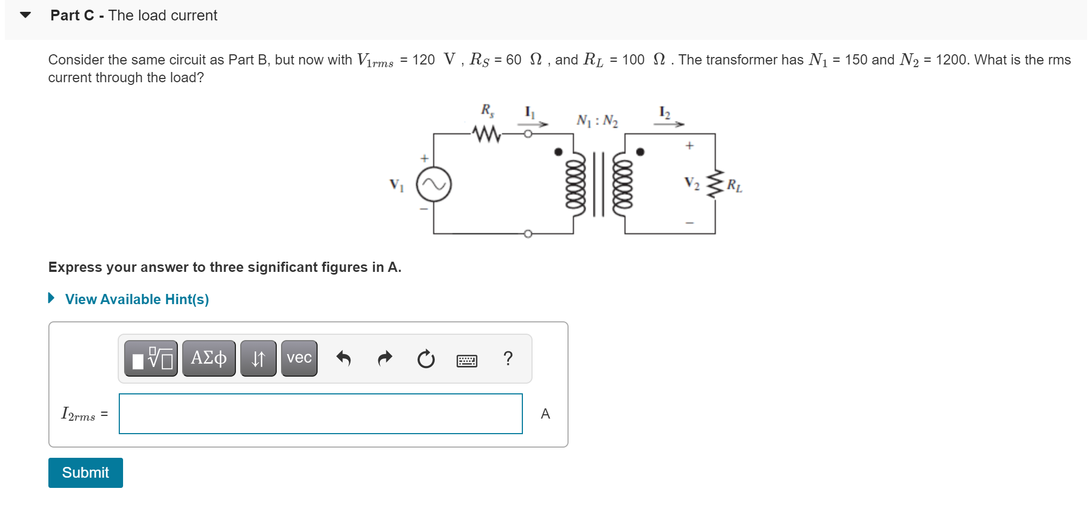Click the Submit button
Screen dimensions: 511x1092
pyautogui.click(x=85, y=472)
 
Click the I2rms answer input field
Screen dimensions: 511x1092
pyautogui.click(x=320, y=413)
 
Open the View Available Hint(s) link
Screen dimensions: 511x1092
pyautogui.click(x=136, y=299)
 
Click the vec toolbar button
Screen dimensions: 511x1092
pyautogui.click(x=299, y=358)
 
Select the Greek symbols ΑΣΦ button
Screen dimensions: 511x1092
pyautogui.click(x=209, y=358)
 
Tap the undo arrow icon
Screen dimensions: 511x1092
pyautogui.click(x=343, y=358)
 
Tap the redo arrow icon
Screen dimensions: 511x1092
pyautogui.click(x=385, y=358)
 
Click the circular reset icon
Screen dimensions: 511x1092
pyautogui.click(x=426, y=358)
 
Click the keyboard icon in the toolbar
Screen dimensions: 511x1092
pyautogui.click(x=466, y=360)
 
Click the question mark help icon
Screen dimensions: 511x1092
pyautogui.click(x=508, y=358)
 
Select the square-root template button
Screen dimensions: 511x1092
pyautogui.click(x=151, y=358)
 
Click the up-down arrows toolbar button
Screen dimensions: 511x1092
pyautogui.click(x=258, y=358)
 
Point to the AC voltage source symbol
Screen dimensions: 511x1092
pyautogui.click(x=434, y=184)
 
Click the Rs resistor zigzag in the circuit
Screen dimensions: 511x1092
pyautogui.click(x=487, y=133)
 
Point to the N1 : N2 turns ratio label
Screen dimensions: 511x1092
pyautogui.click(x=597, y=120)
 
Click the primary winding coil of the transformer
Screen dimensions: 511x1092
pyautogui.click(x=575, y=184)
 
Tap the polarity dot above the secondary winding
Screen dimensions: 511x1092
pyautogui.click(x=640, y=152)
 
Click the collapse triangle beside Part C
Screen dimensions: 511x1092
pyautogui.click(x=25, y=15)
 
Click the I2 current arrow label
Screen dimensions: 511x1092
pyautogui.click(x=665, y=113)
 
